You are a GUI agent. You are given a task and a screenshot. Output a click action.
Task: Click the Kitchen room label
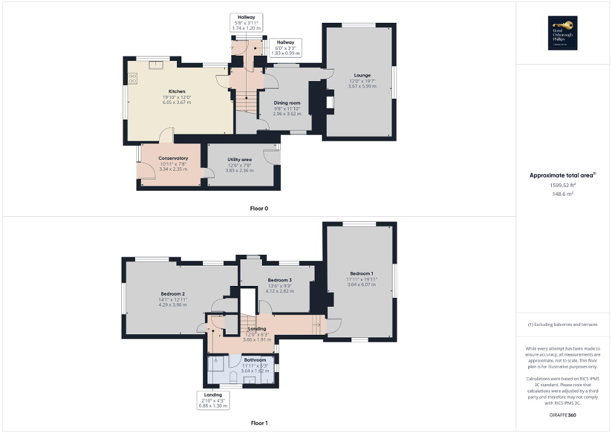click(167, 91)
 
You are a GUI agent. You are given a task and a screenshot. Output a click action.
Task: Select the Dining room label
click(287, 103)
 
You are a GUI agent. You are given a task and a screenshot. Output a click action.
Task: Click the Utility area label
click(239, 160)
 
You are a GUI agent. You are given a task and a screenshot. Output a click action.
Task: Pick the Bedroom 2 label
click(173, 294)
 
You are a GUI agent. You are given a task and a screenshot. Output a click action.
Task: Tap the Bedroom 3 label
click(279, 280)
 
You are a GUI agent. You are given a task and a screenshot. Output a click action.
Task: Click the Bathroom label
click(245, 360)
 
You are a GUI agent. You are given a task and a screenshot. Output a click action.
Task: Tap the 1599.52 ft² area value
click(563, 185)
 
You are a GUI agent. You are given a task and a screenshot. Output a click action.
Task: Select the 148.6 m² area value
click(563, 193)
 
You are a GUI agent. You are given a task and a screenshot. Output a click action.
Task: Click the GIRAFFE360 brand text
click(563, 415)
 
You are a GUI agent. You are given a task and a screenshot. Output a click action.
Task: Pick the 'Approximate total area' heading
click(562, 175)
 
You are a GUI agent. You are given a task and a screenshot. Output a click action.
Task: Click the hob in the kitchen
click(133, 79)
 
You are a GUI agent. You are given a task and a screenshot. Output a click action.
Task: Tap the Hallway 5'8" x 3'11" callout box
click(246, 22)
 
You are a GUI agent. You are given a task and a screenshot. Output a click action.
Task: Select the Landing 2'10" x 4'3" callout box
click(212, 400)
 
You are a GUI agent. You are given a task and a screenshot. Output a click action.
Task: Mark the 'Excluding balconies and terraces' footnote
click(563, 324)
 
